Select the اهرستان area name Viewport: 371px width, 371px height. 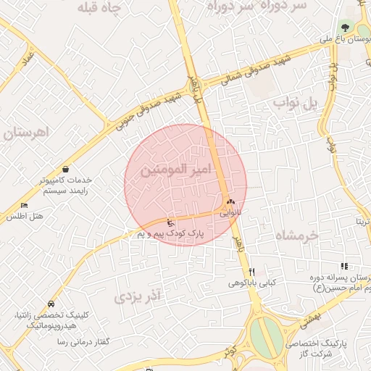(25, 133)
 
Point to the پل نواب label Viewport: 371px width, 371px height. (296, 104)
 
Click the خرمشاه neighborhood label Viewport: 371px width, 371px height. (296, 235)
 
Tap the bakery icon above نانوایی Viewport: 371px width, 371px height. (231, 202)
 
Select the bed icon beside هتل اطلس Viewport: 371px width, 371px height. (25, 206)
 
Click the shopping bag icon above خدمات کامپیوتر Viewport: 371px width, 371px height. (66, 168)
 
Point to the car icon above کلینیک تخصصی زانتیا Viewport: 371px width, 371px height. (50, 304)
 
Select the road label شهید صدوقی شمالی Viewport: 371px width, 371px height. (254, 71)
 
